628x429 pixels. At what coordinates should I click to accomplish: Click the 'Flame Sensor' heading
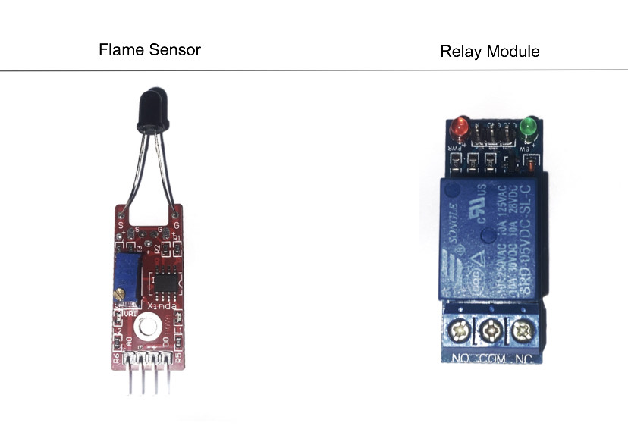click(x=149, y=50)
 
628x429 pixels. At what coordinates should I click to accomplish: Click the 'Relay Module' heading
click(x=489, y=52)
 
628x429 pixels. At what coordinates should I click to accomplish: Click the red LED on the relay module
click(x=460, y=126)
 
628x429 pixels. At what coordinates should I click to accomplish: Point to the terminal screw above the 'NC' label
click(x=521, y=330)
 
